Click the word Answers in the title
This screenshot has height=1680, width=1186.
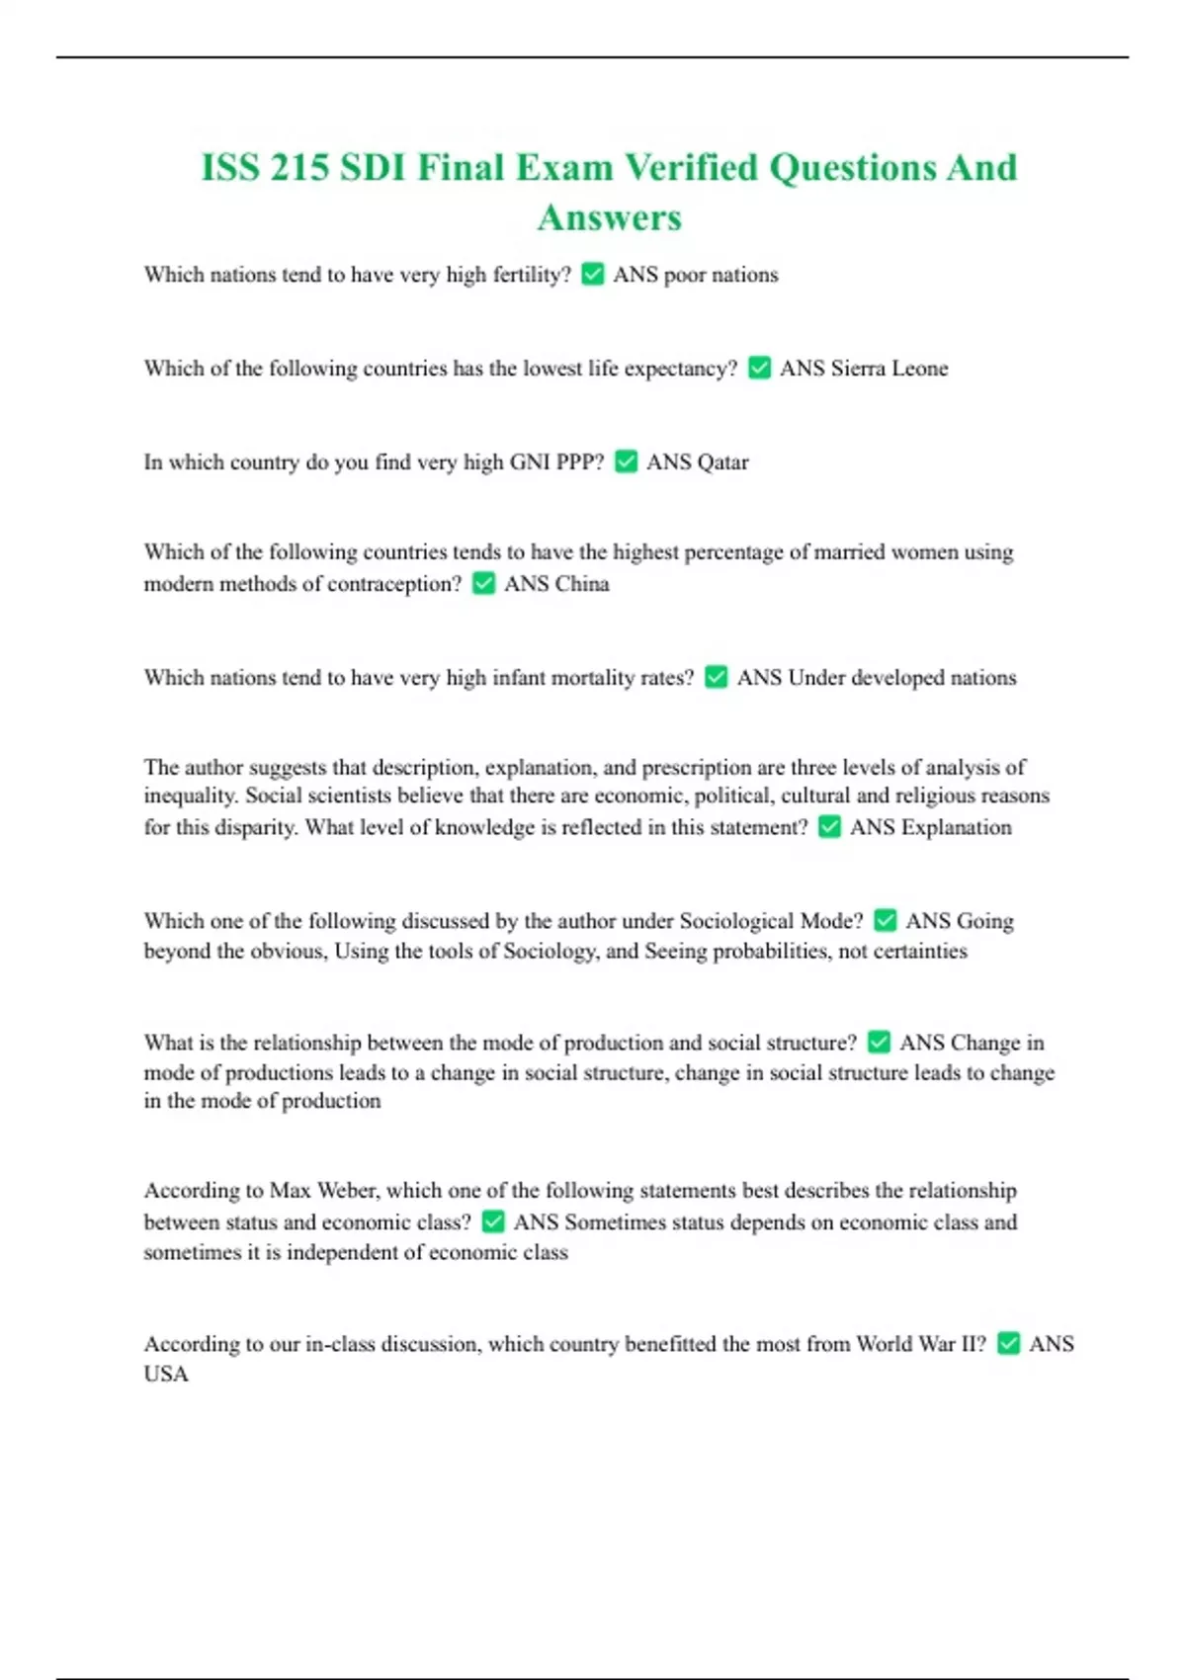[x=610, y=217]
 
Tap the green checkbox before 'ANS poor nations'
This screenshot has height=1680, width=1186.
[x=593, y=274]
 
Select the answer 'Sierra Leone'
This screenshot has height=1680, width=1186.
[x=889, y=369]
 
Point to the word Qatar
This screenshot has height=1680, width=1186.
[x=723, y=462]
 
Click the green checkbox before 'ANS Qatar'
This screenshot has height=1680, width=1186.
[x=627, y=462]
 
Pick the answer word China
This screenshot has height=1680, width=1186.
[x=582, y=584]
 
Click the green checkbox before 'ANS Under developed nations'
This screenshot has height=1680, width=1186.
[x=717, y=677]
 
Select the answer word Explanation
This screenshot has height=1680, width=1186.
[x=956, y=827]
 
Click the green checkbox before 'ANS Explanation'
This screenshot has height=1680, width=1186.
[x=830, y=827]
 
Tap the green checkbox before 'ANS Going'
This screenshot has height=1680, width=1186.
[x=886, y=921]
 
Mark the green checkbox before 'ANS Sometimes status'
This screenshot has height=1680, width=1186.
[x=493, y=1222]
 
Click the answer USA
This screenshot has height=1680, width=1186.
[x=166, y=1374]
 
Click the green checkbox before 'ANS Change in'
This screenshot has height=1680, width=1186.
[x=879, y=1043]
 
